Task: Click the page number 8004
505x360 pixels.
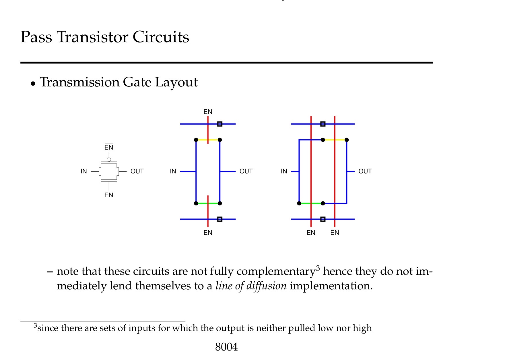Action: (x=226, y=347)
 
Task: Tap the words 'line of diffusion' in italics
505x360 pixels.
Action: (x=251, y=286)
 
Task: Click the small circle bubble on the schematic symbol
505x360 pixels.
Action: (x=109, y=160)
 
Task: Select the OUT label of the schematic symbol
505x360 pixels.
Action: (x=137, y=171)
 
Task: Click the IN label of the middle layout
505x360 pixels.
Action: (x=173, y=171)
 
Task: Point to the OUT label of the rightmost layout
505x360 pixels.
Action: (x=365, y=171)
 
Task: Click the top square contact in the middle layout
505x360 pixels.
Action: (x=220, y=124)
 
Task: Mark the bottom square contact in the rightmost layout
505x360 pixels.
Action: (x=323, y=219)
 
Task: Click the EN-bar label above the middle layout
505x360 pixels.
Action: (x=208, y=112)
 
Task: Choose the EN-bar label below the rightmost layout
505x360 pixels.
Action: (x=335, y=233)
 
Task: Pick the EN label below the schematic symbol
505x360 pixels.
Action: (x=109, y=195)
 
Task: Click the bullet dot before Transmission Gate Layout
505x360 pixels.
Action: (x=33, y=84)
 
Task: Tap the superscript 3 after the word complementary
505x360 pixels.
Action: (x=318, y=269)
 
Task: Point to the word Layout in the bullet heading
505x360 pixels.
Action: (x=176, y=82)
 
